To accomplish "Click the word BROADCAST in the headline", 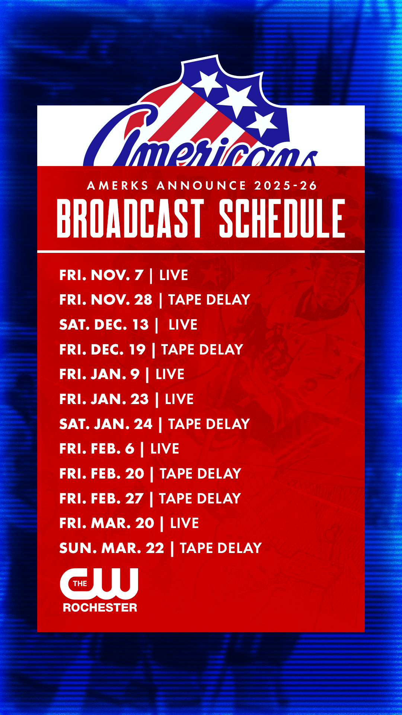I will point(130,218).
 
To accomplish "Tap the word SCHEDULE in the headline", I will point(282,218).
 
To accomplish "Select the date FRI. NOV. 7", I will point(101,275).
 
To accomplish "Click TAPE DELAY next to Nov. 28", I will point(209,300).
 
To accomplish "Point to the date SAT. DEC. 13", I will point(104,325).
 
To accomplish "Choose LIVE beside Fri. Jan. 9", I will point(170,374).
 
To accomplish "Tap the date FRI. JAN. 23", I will point(104,399).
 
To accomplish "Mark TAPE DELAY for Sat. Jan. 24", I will point(209,424).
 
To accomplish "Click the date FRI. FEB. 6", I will point(97,449).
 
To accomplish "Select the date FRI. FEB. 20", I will point(102,474).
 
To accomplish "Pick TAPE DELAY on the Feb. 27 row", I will point(200,499).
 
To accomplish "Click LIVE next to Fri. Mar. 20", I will point(184,523).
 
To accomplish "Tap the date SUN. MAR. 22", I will point(112,548).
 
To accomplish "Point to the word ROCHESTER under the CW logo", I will point(100,608).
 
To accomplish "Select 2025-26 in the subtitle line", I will point(285,185).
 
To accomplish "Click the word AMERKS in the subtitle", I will point(118,185).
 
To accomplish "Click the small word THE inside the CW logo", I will point(80,584).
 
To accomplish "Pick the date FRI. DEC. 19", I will point(102,350).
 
